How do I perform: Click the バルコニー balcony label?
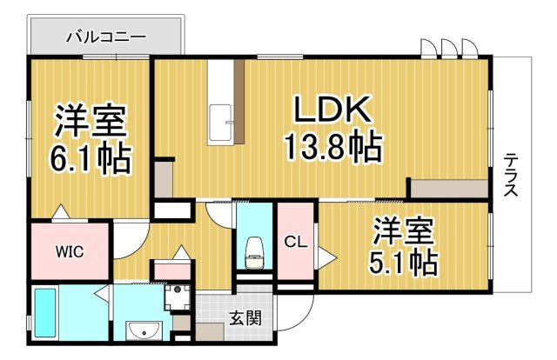[107, 37]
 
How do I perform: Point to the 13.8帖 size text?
[332, 148]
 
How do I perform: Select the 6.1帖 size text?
[90, 157]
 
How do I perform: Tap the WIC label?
[70, 253]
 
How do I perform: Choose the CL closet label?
[296, 243]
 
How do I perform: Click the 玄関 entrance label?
[246, 319]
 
